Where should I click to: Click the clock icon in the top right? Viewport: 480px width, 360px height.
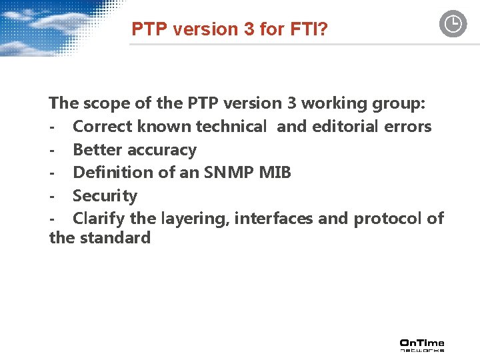453,25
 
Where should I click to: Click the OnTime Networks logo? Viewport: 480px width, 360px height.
421,345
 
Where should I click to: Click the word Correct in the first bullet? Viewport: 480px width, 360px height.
102,127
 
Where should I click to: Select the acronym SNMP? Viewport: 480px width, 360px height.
225,173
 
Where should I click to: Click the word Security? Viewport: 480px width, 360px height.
105,196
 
